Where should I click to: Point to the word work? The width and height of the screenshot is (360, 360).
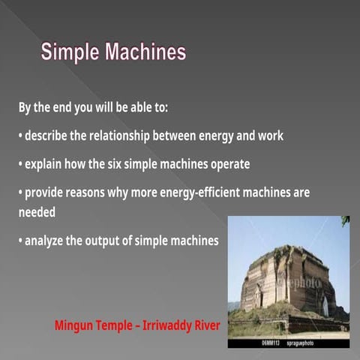(269, 136)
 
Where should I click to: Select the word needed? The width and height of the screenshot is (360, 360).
(37, 212)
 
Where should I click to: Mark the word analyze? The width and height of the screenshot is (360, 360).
(46, 241)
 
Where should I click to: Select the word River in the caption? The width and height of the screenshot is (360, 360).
(206, 325)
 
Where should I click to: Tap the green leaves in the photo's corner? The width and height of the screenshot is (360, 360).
(345, 220)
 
